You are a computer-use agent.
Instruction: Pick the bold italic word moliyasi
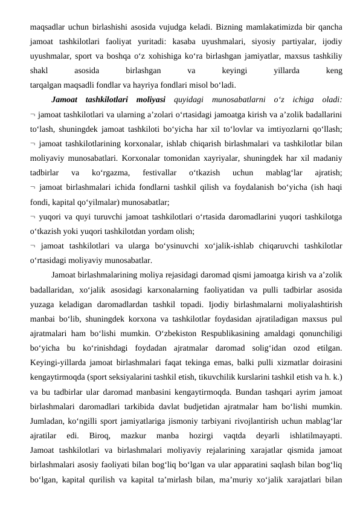[147, 100]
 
